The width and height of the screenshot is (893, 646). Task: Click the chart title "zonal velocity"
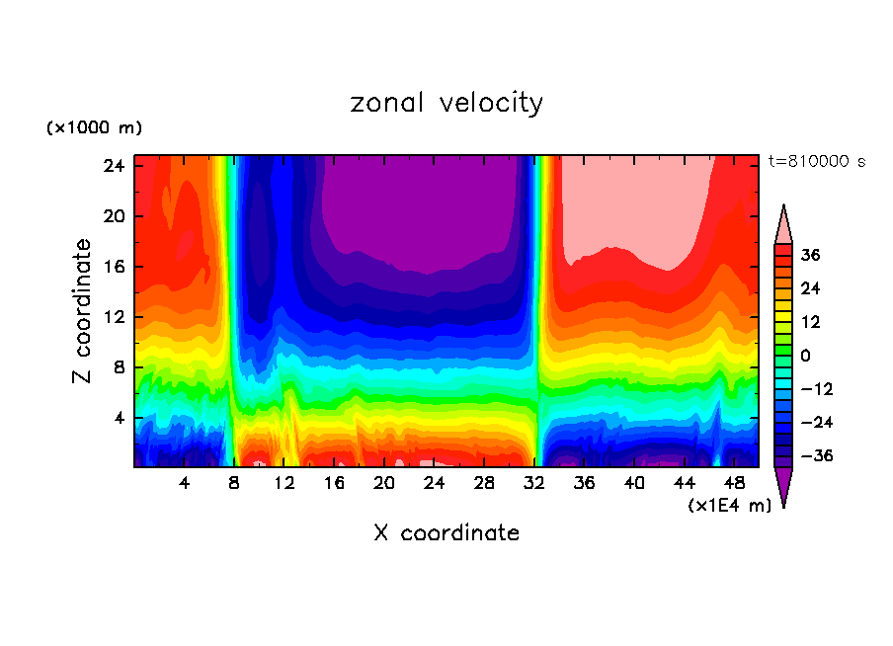[x=446, y=103]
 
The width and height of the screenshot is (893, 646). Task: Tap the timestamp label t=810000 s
[x=816, y=162]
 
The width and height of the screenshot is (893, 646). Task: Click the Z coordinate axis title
[x=84, y=311]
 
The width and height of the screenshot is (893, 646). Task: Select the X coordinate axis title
[x=446, y=533]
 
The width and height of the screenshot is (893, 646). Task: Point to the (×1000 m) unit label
[x=94, y=128]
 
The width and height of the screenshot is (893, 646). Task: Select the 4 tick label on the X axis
[x=185, y=483]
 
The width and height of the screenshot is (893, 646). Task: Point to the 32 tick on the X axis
[x=535, y=483]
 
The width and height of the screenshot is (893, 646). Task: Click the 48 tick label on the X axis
[x=735, y=483]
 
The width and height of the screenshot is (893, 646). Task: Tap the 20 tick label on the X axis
[x=384, y=483]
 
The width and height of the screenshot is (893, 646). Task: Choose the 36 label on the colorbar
[x=809, y=255]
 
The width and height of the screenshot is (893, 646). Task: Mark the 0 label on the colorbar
[x=805, y=356]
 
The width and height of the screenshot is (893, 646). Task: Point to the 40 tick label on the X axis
[x=635, y=483]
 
